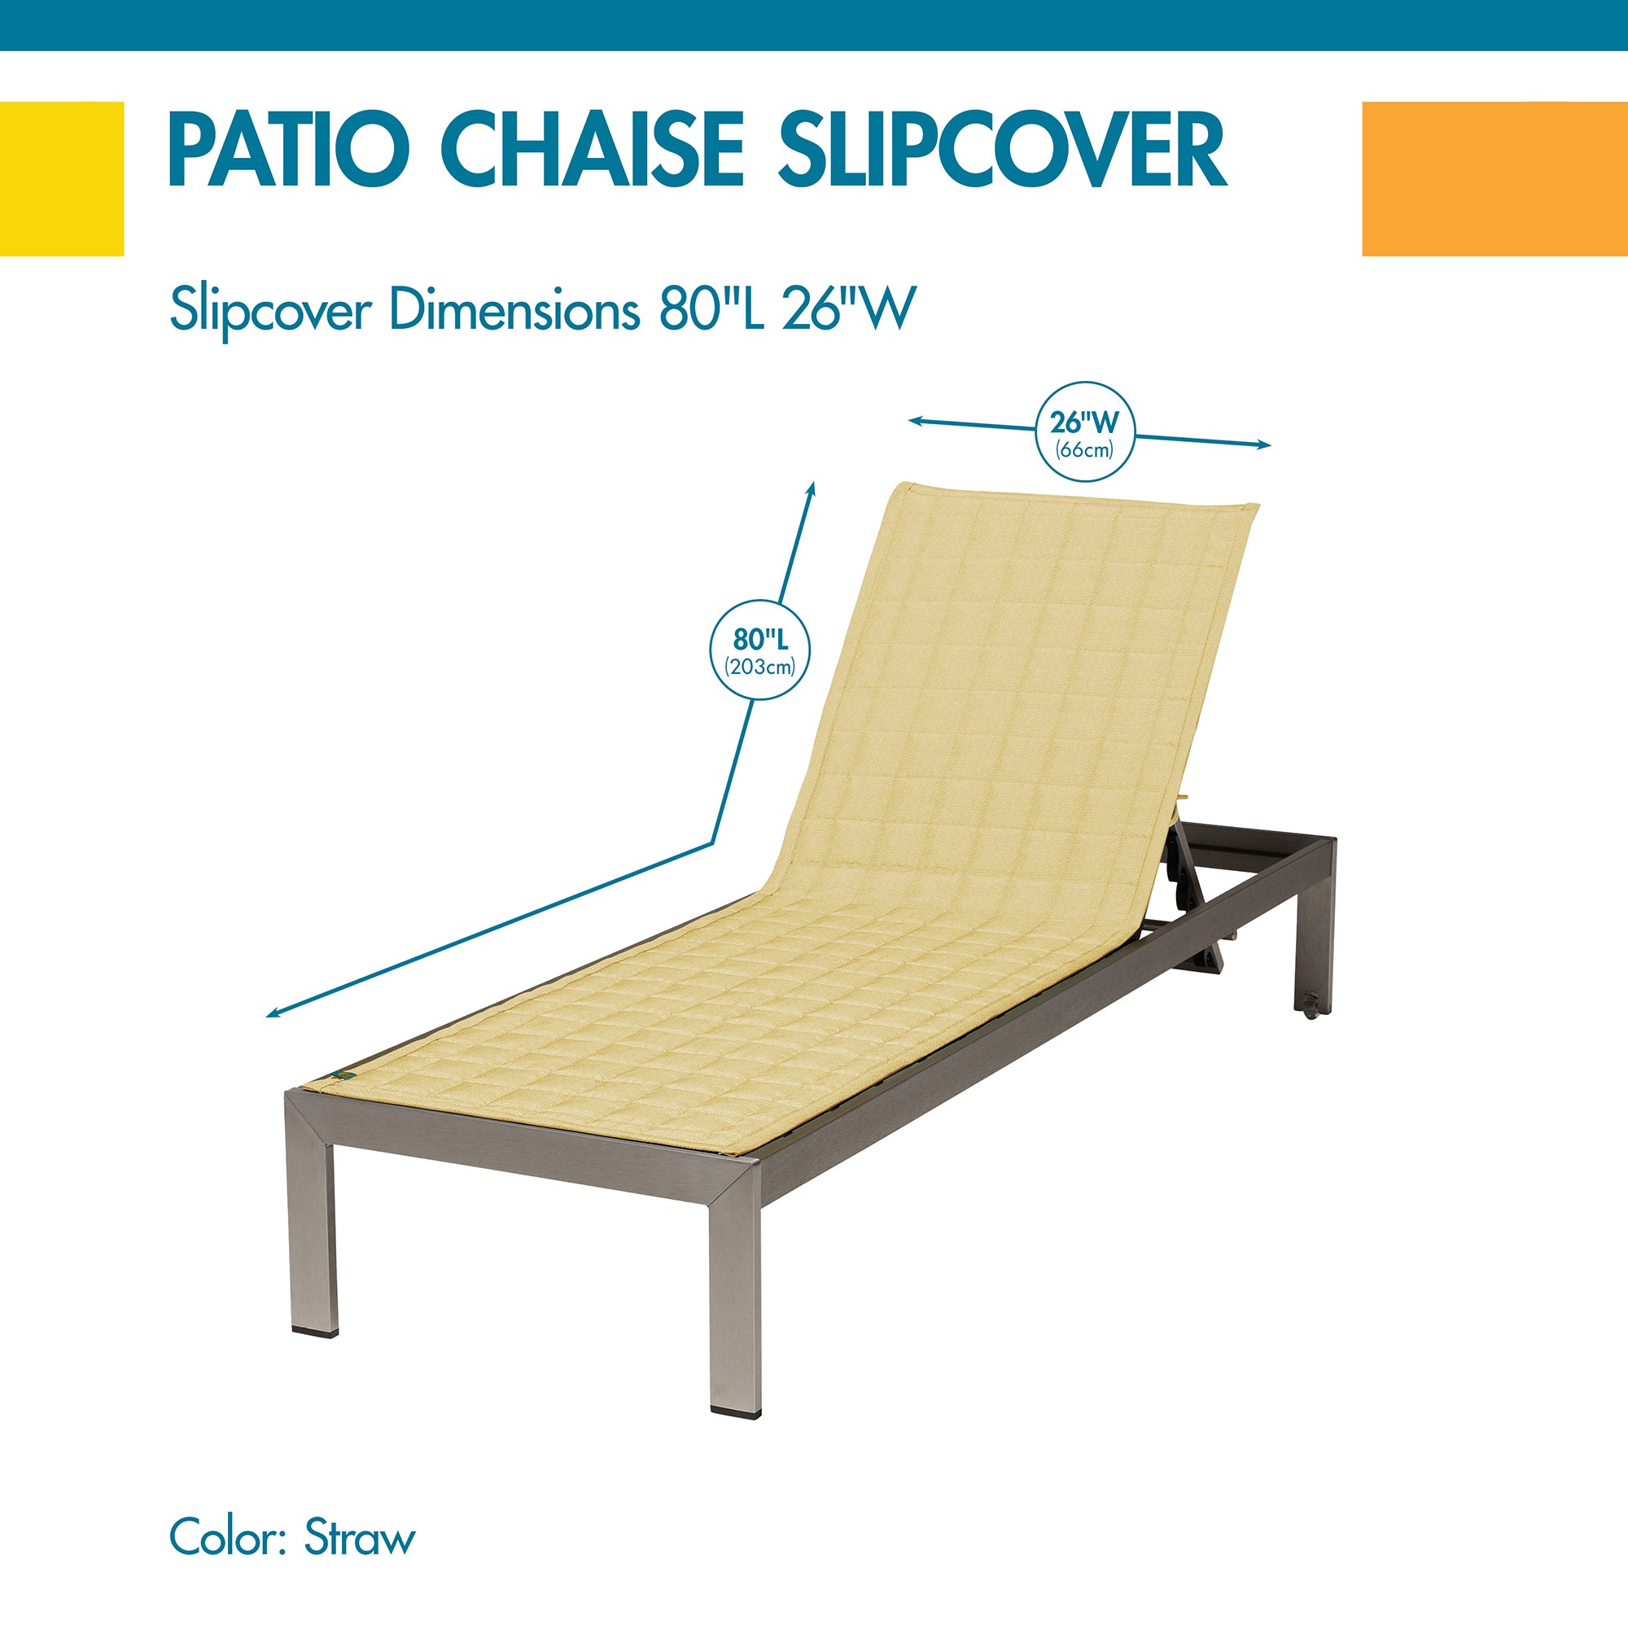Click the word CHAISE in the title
595,151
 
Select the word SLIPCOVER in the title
1002,151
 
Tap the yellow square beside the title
62,178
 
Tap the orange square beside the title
1495,178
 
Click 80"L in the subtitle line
712,310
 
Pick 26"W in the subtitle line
848,310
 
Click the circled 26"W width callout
1085,431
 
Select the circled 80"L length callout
760,650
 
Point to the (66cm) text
1085,450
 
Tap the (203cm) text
760,667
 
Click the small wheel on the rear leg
1311,1006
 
